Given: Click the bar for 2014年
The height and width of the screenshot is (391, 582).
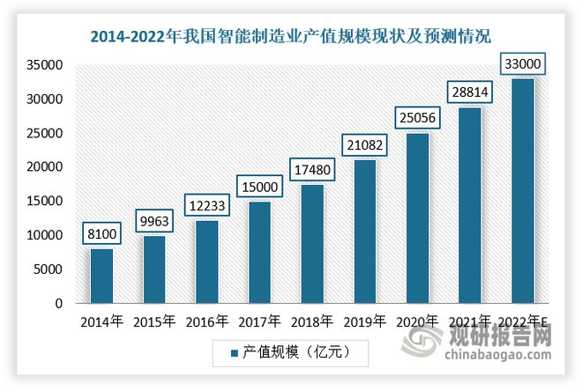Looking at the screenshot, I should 101,276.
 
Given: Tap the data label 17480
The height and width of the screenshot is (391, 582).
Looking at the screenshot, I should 310,167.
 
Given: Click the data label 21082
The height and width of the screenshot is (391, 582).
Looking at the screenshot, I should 362,143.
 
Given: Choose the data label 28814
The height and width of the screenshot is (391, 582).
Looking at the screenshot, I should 468,91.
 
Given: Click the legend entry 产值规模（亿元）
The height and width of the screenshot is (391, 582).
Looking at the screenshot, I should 291,352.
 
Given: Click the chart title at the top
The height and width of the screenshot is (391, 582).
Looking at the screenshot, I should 291,36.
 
